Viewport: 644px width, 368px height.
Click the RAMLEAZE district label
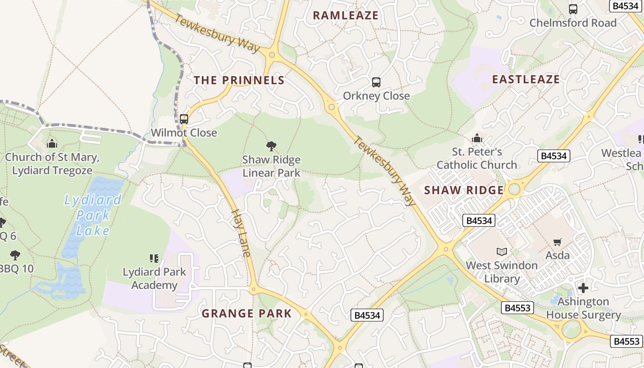[345, 15]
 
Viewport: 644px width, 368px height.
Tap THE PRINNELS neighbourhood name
[239, 80]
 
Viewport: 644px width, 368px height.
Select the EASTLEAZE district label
[526, 79]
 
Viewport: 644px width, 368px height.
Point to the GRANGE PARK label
[247, 313]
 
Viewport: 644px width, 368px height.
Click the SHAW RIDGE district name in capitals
[464, 190]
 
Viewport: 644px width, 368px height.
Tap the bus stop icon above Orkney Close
[376, 82]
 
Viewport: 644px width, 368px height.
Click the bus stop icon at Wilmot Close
[184, 119]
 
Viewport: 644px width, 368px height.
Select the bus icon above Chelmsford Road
[573, 9]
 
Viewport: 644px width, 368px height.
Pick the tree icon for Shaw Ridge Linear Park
[271, 146]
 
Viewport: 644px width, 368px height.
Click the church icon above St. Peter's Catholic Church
[477, 138]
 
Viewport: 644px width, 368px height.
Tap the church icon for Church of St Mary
[52, 144]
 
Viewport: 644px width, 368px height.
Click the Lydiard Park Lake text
[93, 215]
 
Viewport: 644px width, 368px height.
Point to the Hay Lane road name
[241, 233]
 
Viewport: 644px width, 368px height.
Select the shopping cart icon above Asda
[558, 242]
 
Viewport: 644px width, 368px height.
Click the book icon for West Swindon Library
[501, 252]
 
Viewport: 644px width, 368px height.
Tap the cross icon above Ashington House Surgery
[583, 288]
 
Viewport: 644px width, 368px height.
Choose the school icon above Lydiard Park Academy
[154, 258]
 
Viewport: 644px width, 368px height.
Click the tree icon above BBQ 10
[15, 255]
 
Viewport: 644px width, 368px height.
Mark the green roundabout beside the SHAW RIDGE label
[514, 189]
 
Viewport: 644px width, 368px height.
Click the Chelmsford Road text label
[573, 23]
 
